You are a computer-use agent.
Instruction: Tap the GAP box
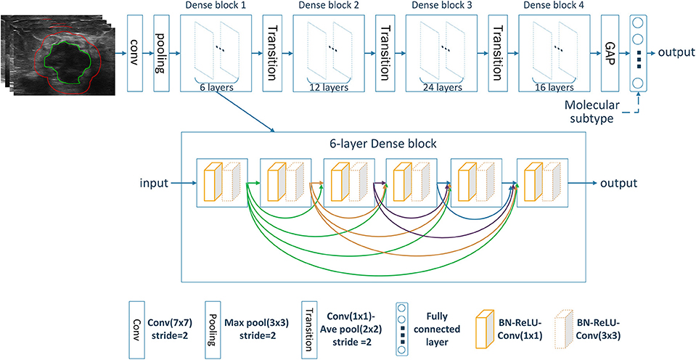(609, 53)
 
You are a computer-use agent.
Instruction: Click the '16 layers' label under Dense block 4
(554, 88)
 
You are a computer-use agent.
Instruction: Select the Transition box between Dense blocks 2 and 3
(385, 53)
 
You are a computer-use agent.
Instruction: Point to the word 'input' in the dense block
(154, 182)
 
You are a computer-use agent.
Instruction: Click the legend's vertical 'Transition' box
(308, 328)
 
